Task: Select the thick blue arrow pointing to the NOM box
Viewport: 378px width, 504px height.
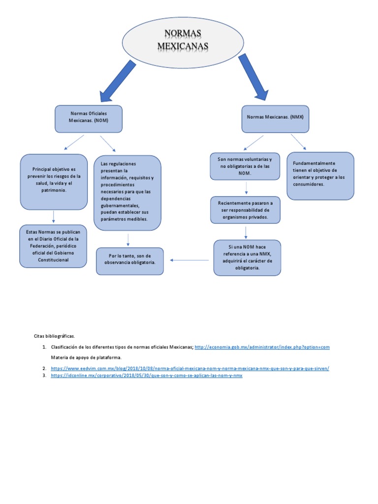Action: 118,80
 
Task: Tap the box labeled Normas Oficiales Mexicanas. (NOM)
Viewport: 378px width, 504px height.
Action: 89,119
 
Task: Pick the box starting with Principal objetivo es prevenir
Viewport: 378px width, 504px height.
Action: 54,182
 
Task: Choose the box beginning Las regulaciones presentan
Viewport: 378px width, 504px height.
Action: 127,192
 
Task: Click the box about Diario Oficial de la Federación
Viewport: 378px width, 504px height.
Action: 54,246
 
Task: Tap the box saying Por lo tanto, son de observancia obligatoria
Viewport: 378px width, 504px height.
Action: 130,260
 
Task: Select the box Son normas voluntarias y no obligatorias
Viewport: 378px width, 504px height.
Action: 245,166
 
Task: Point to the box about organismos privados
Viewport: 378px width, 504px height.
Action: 245,210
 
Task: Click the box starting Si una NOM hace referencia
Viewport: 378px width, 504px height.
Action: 247,257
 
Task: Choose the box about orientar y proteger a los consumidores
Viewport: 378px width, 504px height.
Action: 320,176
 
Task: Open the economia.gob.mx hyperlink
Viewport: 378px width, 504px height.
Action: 262,347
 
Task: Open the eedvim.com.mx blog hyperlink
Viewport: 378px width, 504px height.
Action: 189,368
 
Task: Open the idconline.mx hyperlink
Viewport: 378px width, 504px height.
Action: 147,376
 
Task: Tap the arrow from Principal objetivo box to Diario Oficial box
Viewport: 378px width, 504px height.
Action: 54,217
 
